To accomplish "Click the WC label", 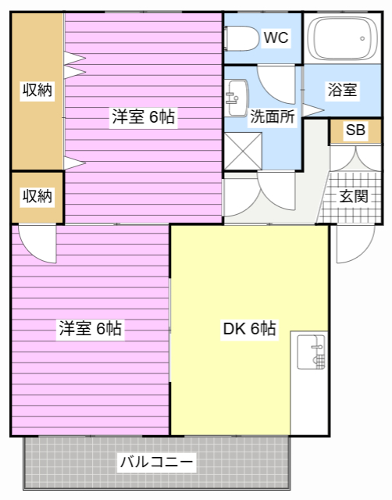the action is click(x=276, y=37).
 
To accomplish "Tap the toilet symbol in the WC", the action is click(x=242, y=38).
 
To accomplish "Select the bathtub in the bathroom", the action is click(x=343, y=38).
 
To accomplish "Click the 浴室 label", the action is click(x=342, y=90).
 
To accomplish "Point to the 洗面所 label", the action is click(x=273, y=116).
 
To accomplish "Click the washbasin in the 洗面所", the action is click(x=236, y=98).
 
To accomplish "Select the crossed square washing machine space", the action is click(x=243, y=151).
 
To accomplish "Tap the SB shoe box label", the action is click(x=355, y=130).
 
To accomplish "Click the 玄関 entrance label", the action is click(x=354, y=196).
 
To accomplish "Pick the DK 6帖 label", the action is click(x=250, y=328).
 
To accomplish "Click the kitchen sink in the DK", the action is click(x=311, y=352).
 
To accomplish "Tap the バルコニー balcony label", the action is click(x=156, y=462).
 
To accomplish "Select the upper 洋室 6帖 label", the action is click(x=143, y=116).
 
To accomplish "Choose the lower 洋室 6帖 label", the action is click(x=91, y=328).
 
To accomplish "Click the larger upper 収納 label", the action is click(x=37, y=90).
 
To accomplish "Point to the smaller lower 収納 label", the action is click(x=37, y=196).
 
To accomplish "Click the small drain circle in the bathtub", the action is click(x=362, y=38).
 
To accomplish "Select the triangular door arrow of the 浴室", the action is click(x=313, y=110).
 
